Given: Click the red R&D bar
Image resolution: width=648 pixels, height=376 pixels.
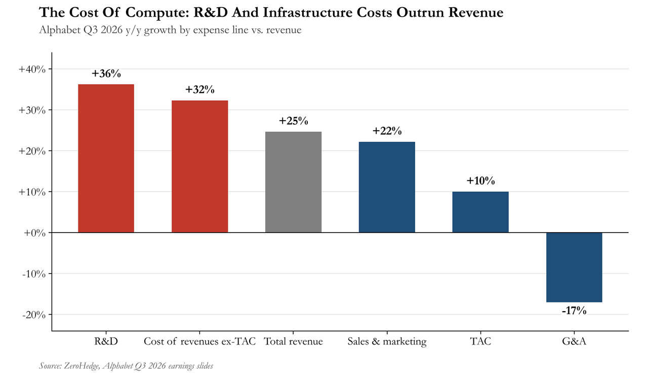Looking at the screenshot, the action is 106,158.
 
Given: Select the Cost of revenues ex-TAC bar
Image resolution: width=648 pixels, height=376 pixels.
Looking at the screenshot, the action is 200,166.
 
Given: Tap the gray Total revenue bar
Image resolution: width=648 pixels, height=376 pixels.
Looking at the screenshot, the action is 293,182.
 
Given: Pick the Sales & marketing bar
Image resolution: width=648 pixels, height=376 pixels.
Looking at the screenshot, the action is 387,187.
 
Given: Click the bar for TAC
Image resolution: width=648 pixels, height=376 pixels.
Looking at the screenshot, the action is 480,212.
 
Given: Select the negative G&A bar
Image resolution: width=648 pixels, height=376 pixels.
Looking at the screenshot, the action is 574,268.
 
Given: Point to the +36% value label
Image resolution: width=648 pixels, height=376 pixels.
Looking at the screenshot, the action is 106,73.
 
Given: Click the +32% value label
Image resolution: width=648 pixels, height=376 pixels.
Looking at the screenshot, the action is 200,90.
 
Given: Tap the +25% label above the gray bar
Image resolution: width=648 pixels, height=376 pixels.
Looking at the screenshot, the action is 293,121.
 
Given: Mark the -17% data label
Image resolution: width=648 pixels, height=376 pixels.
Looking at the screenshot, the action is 574,311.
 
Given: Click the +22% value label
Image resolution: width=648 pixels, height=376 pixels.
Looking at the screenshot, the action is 387,131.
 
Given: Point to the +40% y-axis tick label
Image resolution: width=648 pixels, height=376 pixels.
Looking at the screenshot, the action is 32,69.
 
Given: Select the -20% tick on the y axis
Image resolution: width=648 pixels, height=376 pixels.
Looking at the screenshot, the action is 34,315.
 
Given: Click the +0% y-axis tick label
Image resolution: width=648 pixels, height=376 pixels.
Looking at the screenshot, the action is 34,233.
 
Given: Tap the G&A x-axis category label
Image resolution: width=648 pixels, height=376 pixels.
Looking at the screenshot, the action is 574,341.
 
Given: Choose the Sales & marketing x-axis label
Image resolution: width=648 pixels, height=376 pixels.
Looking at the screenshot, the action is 387,342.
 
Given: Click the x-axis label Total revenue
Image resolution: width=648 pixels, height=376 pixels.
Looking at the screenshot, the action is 293,341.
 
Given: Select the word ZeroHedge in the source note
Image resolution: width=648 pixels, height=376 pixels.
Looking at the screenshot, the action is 82,366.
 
